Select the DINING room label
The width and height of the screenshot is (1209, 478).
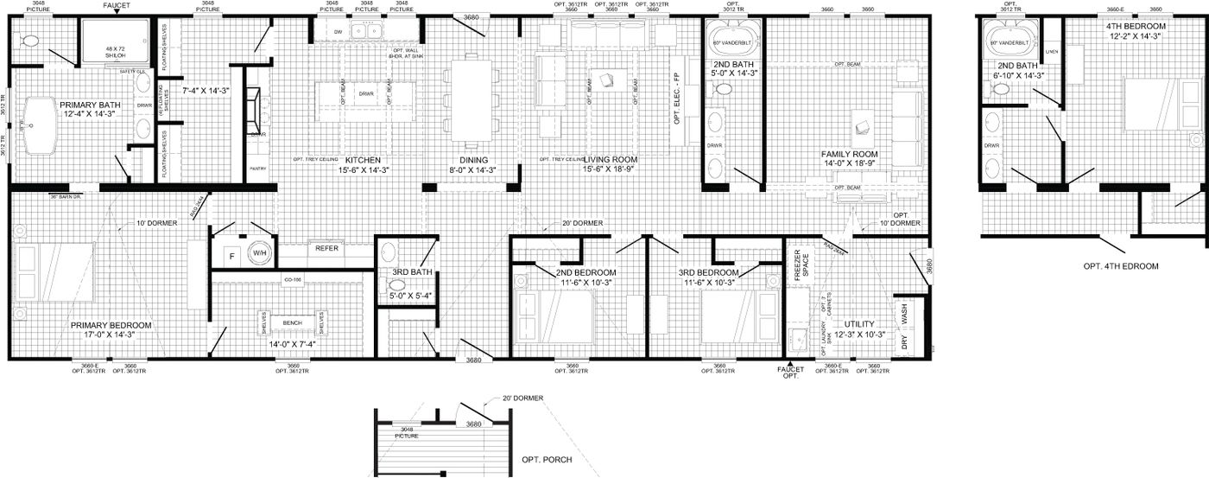click(x=473, y=160)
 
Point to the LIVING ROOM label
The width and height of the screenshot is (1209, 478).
click(x=610, y=160)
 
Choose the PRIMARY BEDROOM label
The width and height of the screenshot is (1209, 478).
click(x=111, y=325)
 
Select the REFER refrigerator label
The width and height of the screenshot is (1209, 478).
click(x=326, y=248)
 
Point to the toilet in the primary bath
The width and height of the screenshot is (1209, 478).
click(x=28, y=41)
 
